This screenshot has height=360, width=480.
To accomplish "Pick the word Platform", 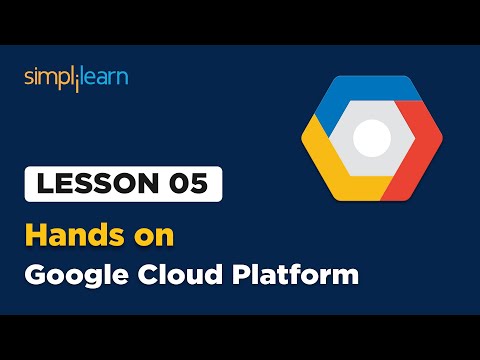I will pyautogui.click(x=296, y=273).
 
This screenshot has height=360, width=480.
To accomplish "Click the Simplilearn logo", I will pyautogui.click(x=76, y=77).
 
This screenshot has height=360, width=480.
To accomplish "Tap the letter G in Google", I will pyautogui.click(x=35, y=273).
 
